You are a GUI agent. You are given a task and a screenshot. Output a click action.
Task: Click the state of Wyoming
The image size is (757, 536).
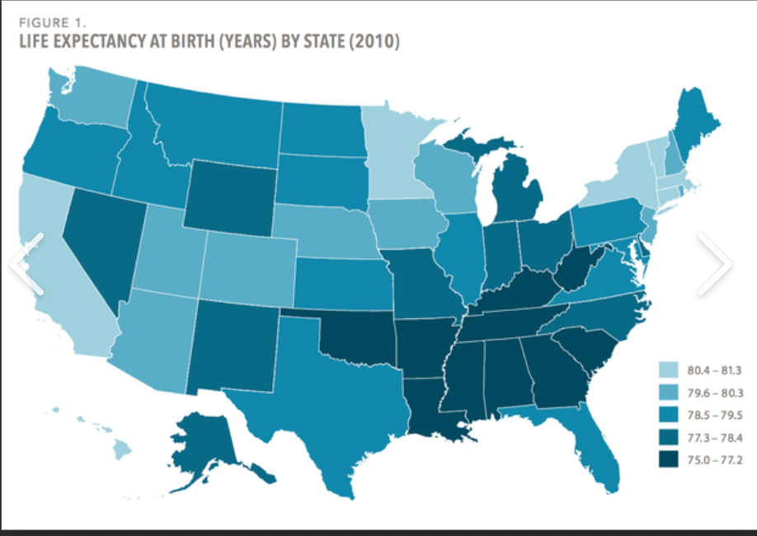click(230, 194)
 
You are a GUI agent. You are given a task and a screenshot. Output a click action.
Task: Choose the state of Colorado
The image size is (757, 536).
click(247, 260)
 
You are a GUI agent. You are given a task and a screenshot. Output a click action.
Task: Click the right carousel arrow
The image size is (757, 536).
click(713, 264)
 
